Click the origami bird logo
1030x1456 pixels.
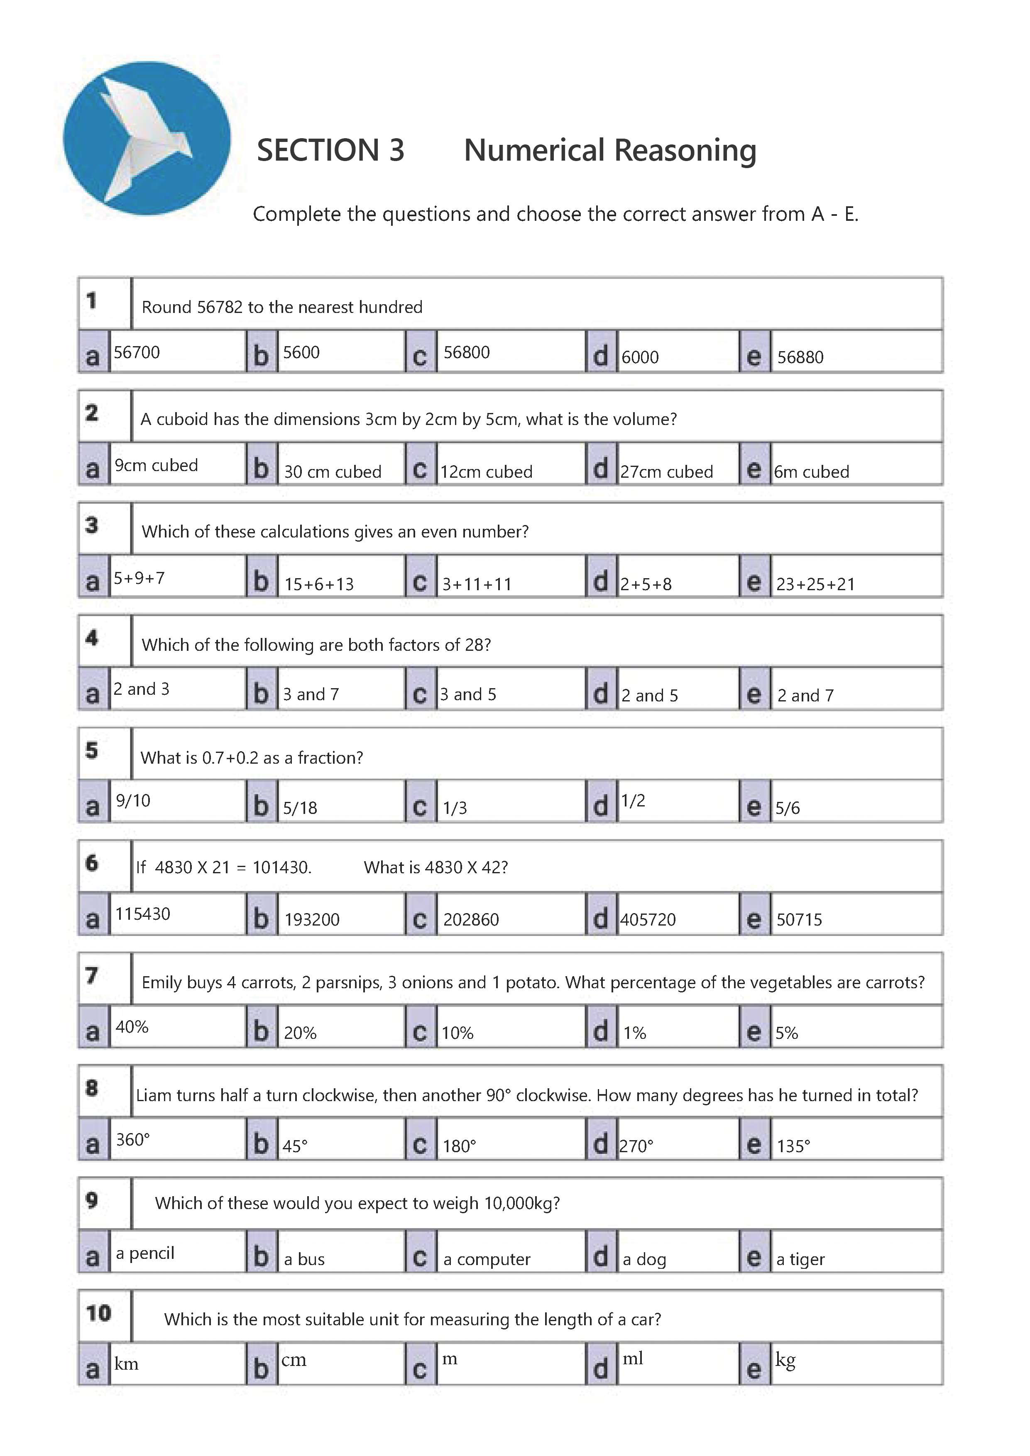147,138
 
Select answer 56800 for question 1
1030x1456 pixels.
466,352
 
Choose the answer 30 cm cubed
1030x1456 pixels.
333,472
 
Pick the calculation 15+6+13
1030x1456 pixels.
318,584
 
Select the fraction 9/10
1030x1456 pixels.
133,801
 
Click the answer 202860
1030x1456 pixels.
471,919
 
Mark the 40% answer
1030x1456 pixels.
132,1027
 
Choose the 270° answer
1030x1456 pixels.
636,1146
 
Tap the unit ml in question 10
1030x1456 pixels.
632,1358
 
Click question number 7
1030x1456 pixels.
92,975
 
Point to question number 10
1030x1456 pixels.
98,1313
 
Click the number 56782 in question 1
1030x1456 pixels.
220,308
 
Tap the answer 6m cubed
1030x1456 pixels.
811,472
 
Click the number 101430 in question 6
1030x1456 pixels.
281,867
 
